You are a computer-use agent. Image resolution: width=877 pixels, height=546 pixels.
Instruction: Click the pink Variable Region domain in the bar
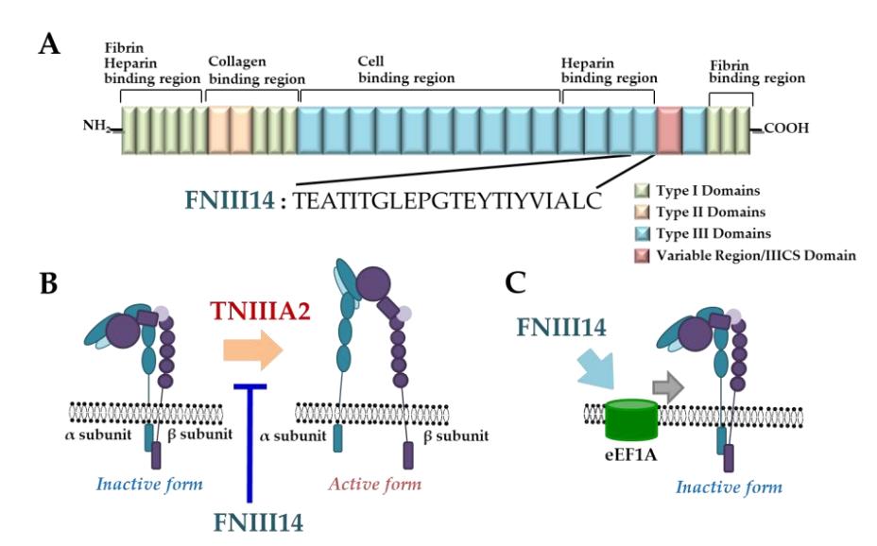point(669,129)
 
